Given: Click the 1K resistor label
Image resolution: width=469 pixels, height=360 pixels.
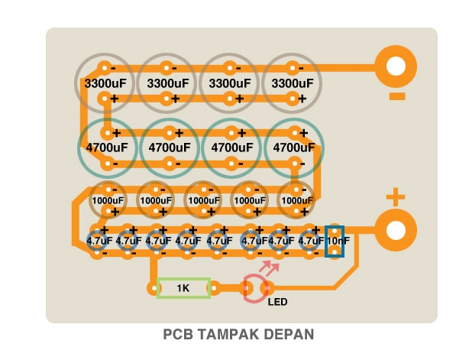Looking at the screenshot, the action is [183, 288].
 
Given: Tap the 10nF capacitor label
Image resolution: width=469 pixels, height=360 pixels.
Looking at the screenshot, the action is [338, 241].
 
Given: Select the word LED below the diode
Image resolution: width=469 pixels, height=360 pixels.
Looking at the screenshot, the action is [277, 302].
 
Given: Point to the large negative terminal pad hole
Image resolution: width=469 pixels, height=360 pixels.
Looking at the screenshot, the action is [396, 66].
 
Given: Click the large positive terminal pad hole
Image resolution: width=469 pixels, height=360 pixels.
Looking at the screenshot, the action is [396, 230].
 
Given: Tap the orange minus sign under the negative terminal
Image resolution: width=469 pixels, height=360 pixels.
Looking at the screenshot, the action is [397, 96].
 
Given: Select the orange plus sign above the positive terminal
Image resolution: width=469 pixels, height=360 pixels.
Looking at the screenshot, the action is [396, 197].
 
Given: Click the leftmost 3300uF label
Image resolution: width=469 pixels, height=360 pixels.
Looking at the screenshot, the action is [105, 83].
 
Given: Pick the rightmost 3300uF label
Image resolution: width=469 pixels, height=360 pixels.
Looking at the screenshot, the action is [293, 83].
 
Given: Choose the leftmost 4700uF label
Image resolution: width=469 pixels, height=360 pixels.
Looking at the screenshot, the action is [107, 148].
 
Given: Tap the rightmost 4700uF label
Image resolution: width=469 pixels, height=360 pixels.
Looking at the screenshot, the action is [294, 148].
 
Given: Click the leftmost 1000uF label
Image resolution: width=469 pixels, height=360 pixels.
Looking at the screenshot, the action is [108, 200].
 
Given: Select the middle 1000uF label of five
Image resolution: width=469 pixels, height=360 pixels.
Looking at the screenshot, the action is [204, 200].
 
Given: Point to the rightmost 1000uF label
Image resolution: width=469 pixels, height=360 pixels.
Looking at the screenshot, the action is [297, 200].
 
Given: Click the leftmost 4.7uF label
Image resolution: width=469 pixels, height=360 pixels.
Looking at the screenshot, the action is [99, 241].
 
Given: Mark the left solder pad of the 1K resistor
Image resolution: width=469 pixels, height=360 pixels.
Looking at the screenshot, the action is [154, 288].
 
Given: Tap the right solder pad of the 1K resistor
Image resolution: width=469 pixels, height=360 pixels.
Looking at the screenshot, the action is [214, 288].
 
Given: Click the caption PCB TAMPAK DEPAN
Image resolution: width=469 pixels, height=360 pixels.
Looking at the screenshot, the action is [238, 334].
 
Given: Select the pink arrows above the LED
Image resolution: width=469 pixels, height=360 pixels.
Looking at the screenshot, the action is [269, 268].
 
